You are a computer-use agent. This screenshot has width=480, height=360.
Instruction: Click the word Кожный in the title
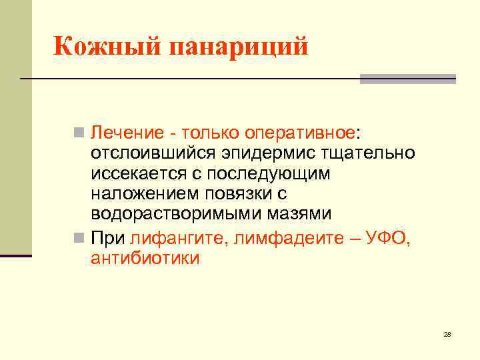(107, 47)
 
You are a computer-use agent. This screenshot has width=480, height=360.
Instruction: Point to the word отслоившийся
(153, 153)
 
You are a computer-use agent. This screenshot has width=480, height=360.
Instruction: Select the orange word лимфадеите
(278, 237)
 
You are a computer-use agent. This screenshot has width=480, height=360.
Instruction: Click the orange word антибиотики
(145, 258)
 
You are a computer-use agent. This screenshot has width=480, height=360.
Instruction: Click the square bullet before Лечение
(79, 133)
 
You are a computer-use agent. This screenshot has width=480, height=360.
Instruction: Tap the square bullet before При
(79, 237)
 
